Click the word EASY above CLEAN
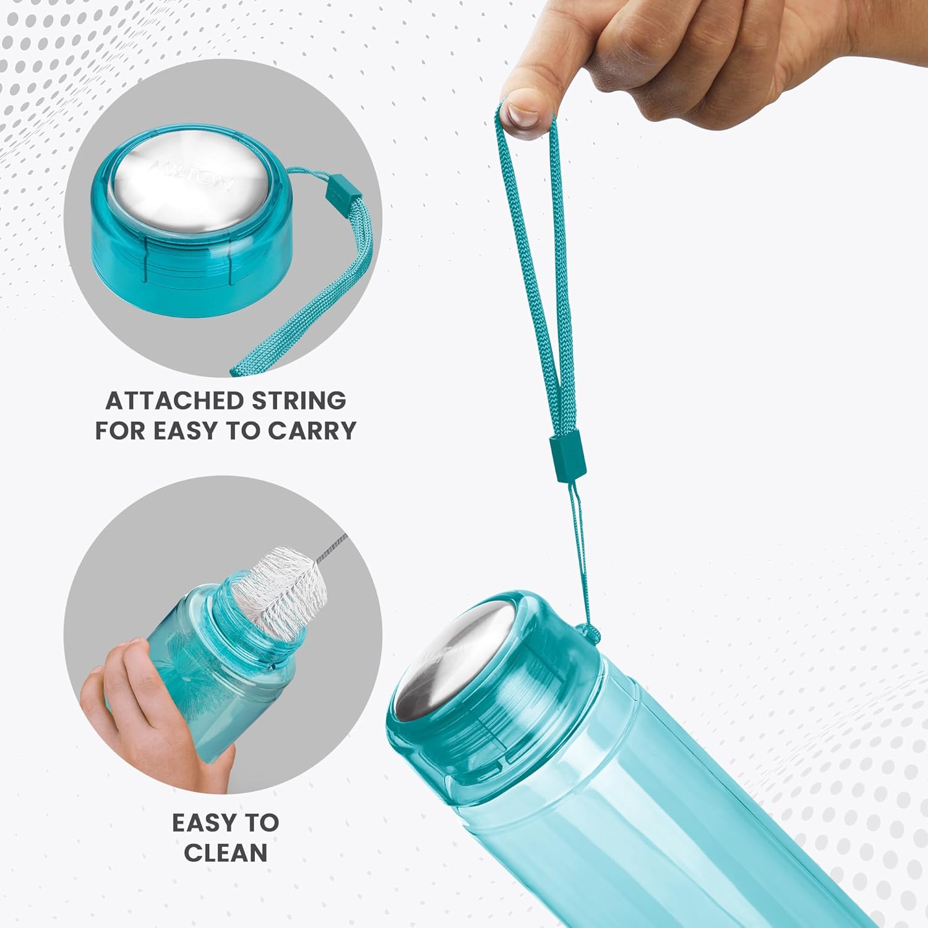[204, 823]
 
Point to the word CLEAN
[226, 853]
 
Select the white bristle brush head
[281, 588]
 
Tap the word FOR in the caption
[120, 431]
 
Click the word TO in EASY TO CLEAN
[262, 823]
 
